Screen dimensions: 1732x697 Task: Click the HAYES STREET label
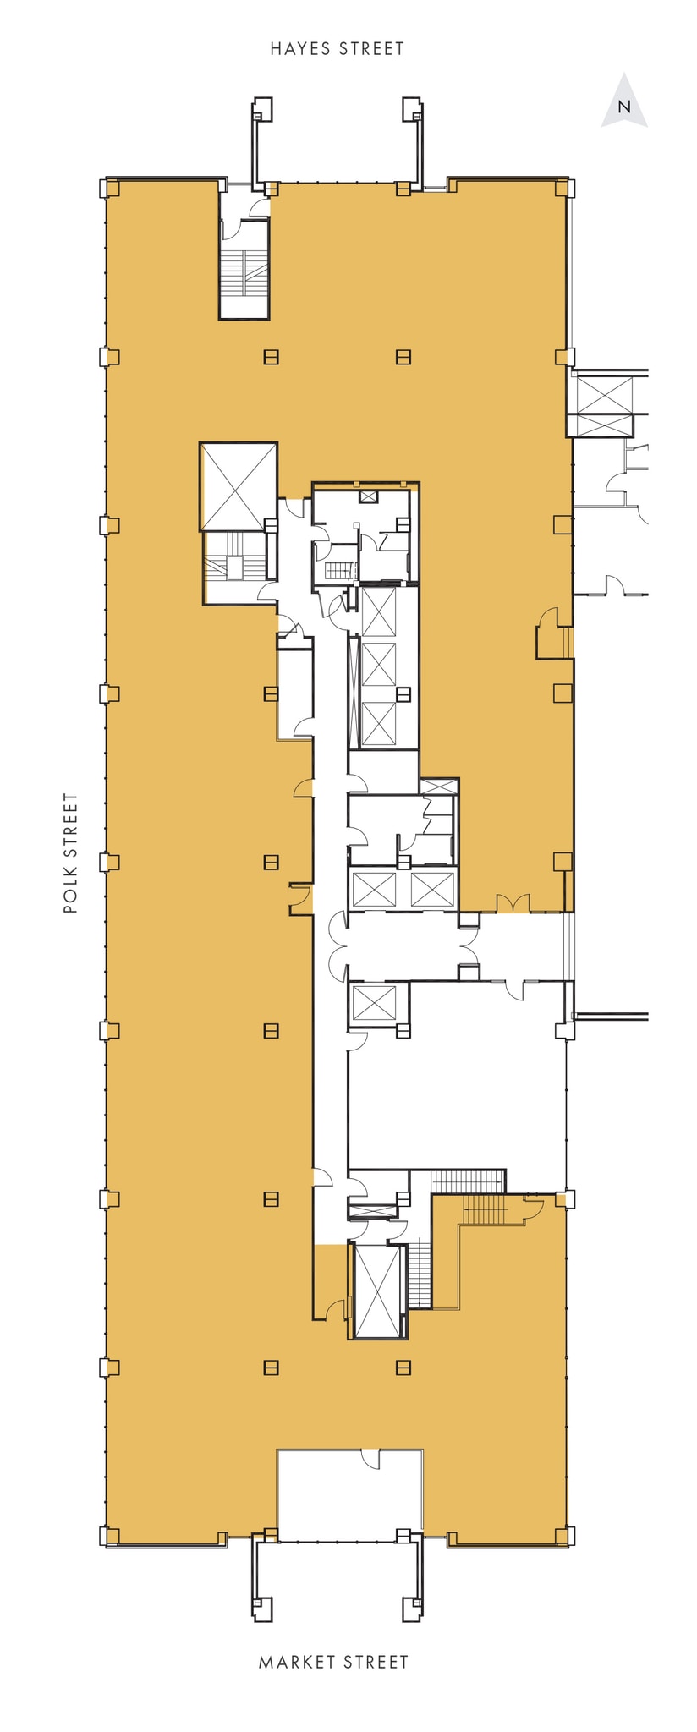point(337,49)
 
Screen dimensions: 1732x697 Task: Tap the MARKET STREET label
point(333,1662)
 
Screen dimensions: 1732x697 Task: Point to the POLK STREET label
point(71,852)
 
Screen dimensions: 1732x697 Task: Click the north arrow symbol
point(624,102)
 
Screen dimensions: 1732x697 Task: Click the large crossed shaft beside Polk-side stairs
point(239,486)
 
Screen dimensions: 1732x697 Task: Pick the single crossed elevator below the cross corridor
point(374,1002)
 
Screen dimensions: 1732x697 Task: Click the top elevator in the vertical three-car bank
point(378,611)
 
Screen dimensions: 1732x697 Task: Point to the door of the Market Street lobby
point(370,1455)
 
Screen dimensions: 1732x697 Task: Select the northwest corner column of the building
point(110,188)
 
